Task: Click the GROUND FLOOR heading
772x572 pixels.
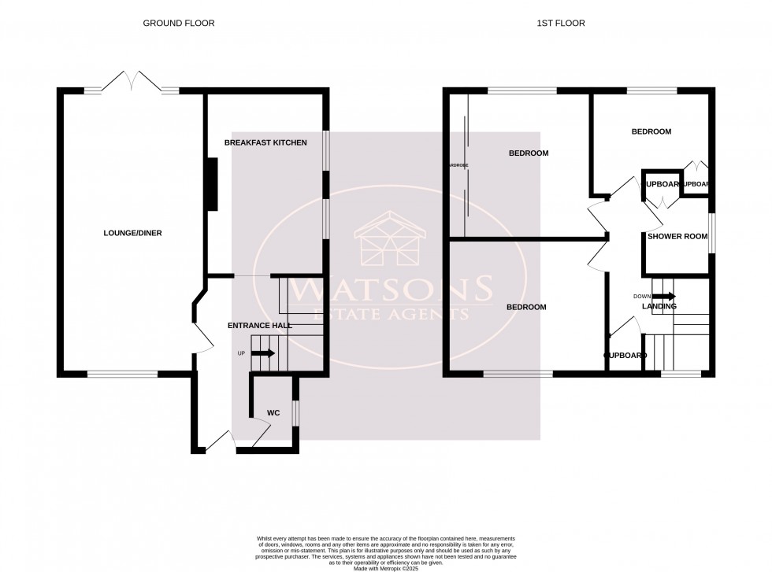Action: tap(178, 24)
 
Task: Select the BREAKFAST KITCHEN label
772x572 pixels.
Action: tap(265, 142)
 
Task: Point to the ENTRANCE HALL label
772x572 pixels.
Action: tap(259, 325)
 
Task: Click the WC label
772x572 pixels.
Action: tap(273, 412)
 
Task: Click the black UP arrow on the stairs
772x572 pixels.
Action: tap(262, 353)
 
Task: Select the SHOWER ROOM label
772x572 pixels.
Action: tap(677, 236)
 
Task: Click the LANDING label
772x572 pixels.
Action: tap(659, 306)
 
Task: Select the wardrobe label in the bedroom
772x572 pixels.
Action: tap(458, 165)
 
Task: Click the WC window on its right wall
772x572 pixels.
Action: tap(295, 413)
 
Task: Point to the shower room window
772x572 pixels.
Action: tap(712, 234)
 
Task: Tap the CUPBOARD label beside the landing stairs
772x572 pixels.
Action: tap(625, 356)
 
